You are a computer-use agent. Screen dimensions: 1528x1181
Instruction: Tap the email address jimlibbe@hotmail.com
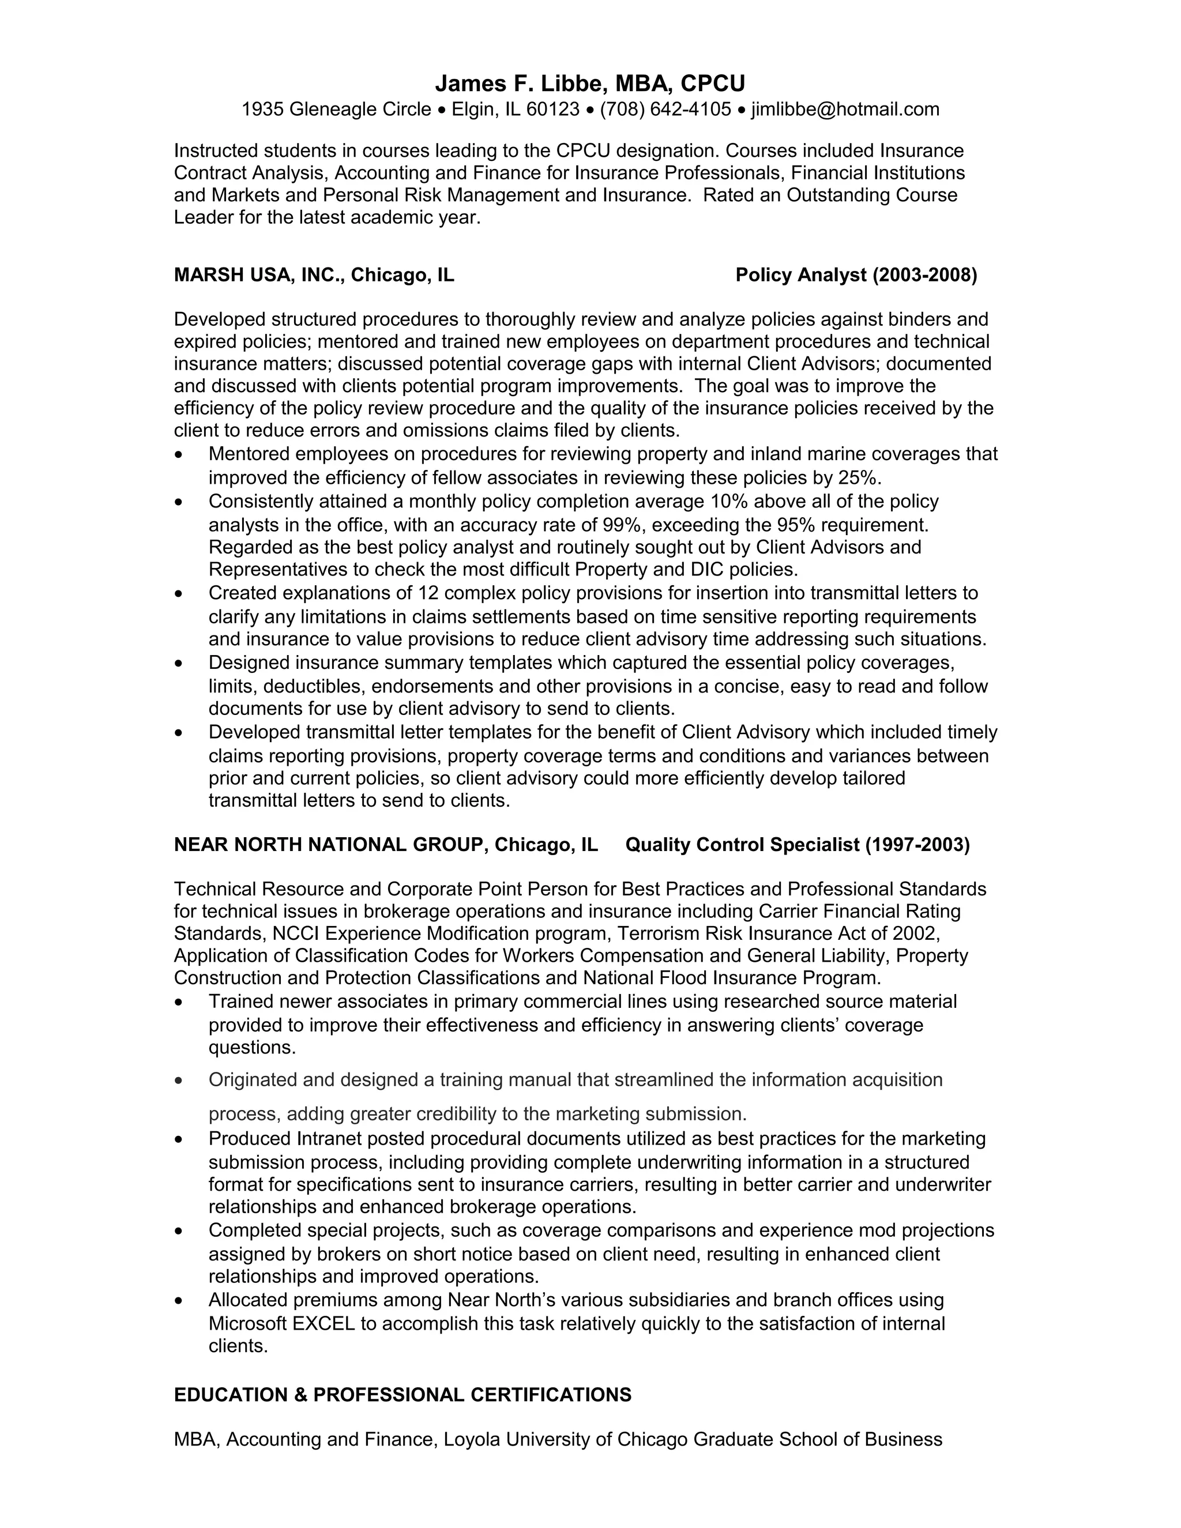click(845, 109)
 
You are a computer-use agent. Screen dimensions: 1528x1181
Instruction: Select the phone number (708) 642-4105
click(665, 109)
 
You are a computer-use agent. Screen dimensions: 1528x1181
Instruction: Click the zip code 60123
click(552, 109)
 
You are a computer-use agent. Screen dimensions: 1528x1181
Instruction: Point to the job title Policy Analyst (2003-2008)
click(856, 275)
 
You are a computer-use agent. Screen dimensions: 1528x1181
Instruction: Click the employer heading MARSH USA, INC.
click(259, 275)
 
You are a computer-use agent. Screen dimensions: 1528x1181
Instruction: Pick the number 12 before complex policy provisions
click(427, 593)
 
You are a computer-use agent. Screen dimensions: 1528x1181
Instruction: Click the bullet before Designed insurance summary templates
click(180, 663)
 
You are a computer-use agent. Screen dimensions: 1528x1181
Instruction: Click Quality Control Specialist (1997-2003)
click(797, 845)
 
